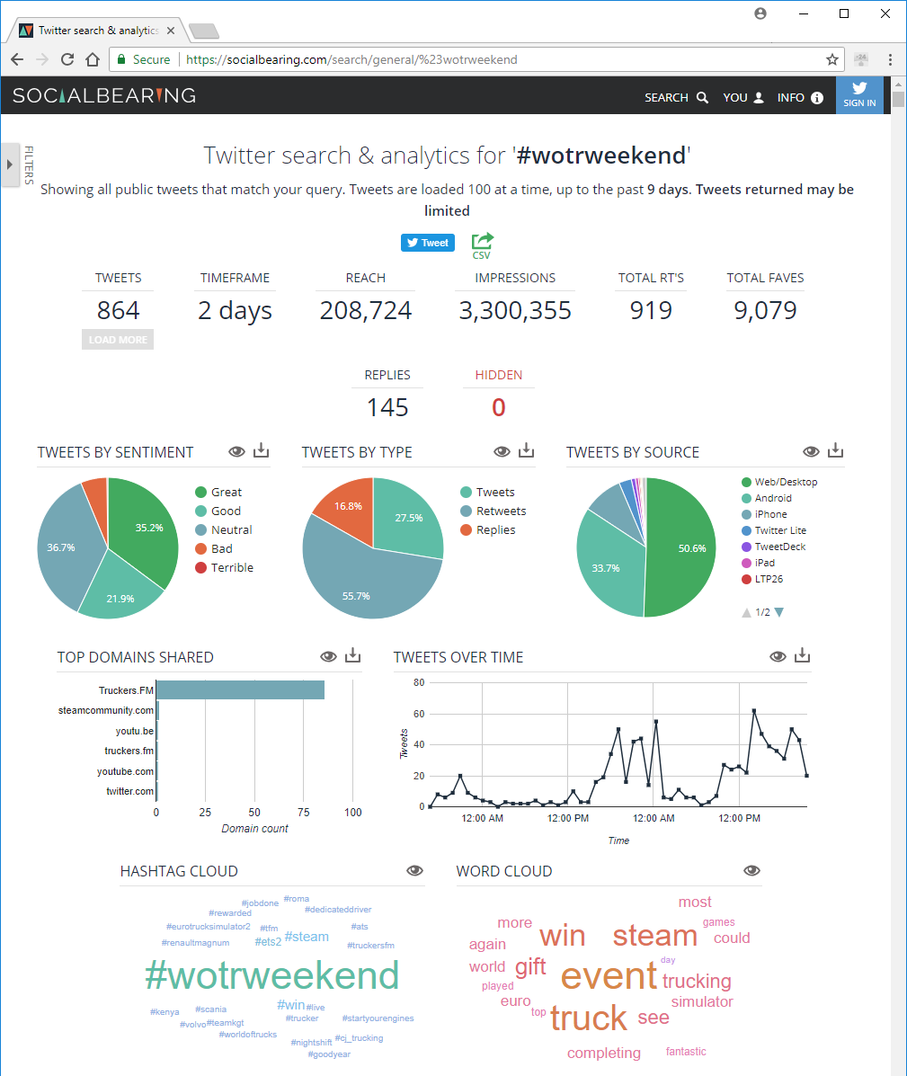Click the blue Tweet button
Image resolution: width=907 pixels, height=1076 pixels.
tap(428, 243)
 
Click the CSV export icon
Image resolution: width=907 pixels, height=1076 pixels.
tap(482, 245)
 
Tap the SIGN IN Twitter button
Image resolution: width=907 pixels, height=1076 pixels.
tap(859, 94)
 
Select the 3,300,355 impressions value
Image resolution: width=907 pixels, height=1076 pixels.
tap(515, 311)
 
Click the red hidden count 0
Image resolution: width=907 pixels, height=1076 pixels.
tap(498, 408)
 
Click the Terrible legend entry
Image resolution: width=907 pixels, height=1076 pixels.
tap(232, 568)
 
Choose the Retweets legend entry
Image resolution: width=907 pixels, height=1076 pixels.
tap(501, 511)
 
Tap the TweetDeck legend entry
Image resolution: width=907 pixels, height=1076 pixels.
tap(779, 547)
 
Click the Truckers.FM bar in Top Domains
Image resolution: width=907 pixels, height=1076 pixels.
tap(240, 690)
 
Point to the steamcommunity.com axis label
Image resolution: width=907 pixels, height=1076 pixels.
tap(106, 711)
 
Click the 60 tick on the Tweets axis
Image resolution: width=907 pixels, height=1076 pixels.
tap(419, 714)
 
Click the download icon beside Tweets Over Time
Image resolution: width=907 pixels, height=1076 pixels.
tap(803, 656)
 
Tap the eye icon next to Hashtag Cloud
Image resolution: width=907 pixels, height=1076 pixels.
tap(414, 870)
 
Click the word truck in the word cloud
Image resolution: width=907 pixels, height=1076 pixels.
tap(589, 1018)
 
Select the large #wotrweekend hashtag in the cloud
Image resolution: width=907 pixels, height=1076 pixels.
tap(271, 976)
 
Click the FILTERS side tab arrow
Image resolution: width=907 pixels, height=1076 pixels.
tap(10, 165)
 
